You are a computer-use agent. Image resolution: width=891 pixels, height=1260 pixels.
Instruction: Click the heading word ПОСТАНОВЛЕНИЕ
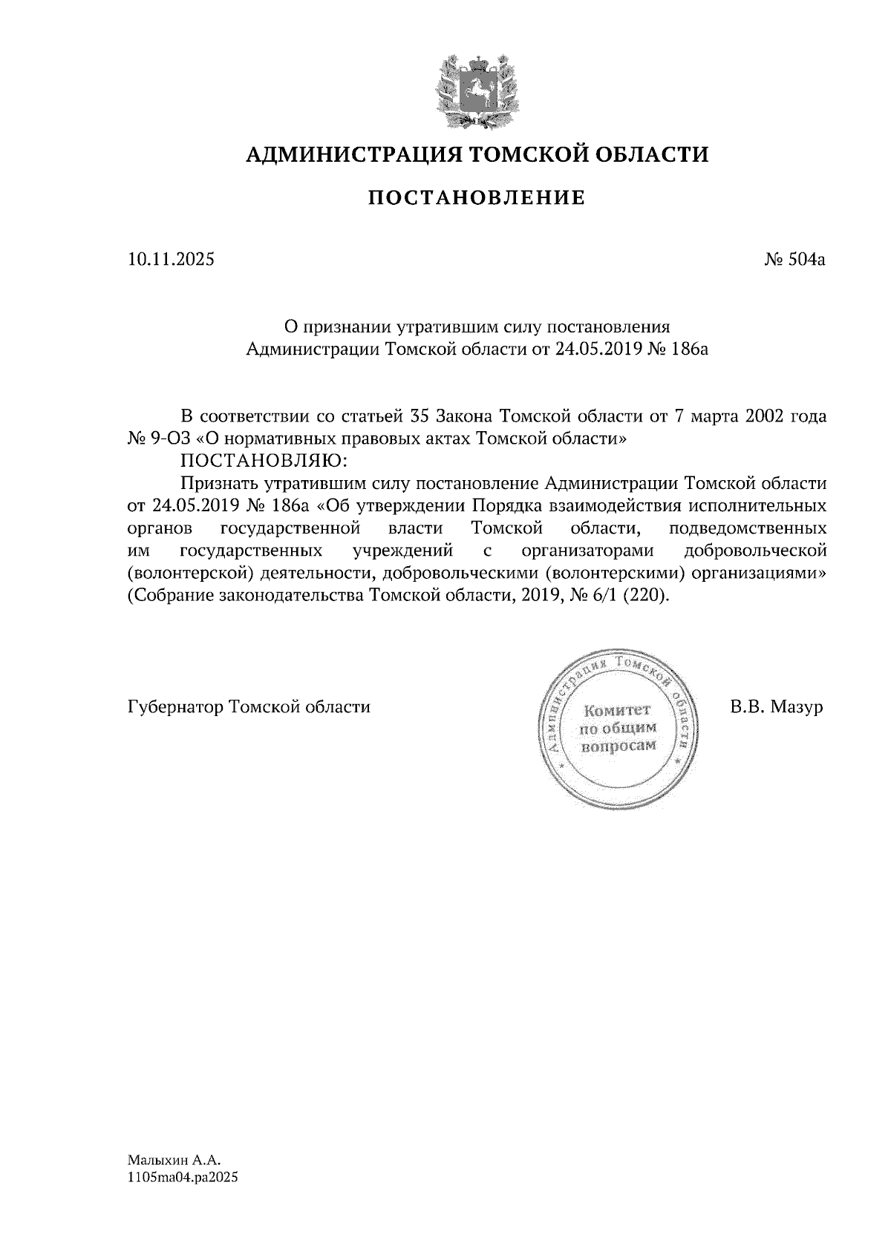[x=477, y=198]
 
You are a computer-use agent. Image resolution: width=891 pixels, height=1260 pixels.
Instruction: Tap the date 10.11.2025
[x=171, y=260]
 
